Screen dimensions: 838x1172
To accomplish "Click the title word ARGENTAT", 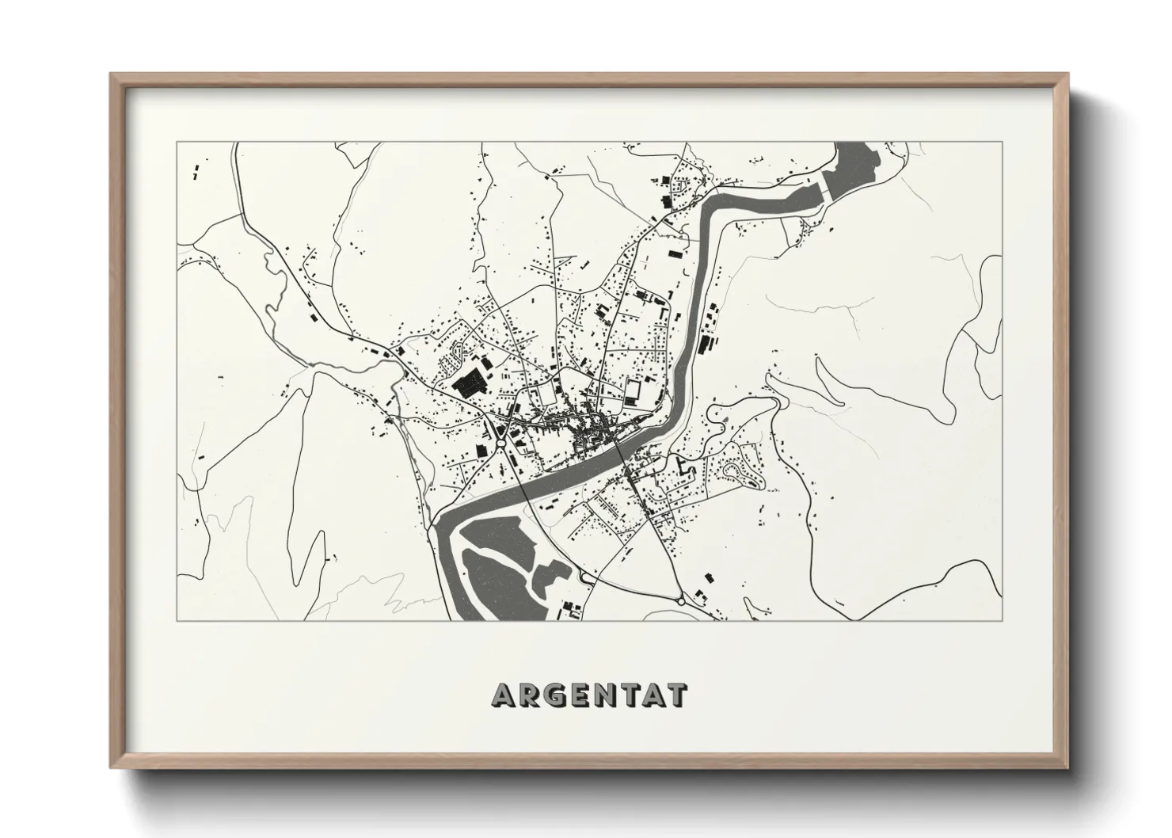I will point(590,695).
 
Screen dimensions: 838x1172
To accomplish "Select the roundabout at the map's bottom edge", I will point(682,601).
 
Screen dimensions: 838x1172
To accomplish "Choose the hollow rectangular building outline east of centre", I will point(633,390).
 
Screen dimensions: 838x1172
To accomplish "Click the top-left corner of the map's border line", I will point(177,143).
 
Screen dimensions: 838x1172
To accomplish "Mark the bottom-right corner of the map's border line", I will point(1003,620).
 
